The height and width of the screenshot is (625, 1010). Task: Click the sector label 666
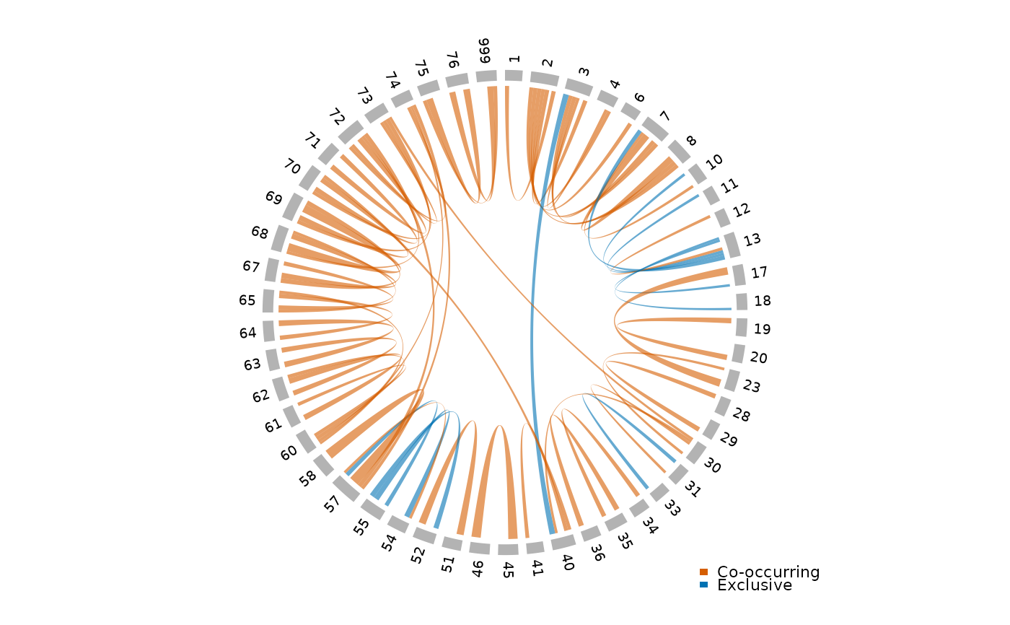[484, 51]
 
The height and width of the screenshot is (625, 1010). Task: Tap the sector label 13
[753, 240]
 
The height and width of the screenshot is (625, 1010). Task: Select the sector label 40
[568, 563]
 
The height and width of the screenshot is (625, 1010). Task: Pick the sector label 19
[763, 329]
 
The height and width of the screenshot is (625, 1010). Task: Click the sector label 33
[673, 510]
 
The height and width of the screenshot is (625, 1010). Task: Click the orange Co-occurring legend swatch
[704, 572]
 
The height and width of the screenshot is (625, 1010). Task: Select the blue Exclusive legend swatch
[704, 585]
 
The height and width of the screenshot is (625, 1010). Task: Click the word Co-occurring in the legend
[768, 572]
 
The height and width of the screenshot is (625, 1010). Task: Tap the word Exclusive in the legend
[755, 585]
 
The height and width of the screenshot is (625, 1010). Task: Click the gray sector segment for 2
[544, 79]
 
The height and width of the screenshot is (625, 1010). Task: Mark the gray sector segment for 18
[742, 302]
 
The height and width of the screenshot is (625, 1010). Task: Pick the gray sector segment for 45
[508, 550]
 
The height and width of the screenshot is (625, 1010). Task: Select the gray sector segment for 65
[268, 301]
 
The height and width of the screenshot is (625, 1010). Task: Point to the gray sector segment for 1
[514, 76]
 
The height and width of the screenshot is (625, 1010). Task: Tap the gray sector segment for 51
[452, 543]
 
